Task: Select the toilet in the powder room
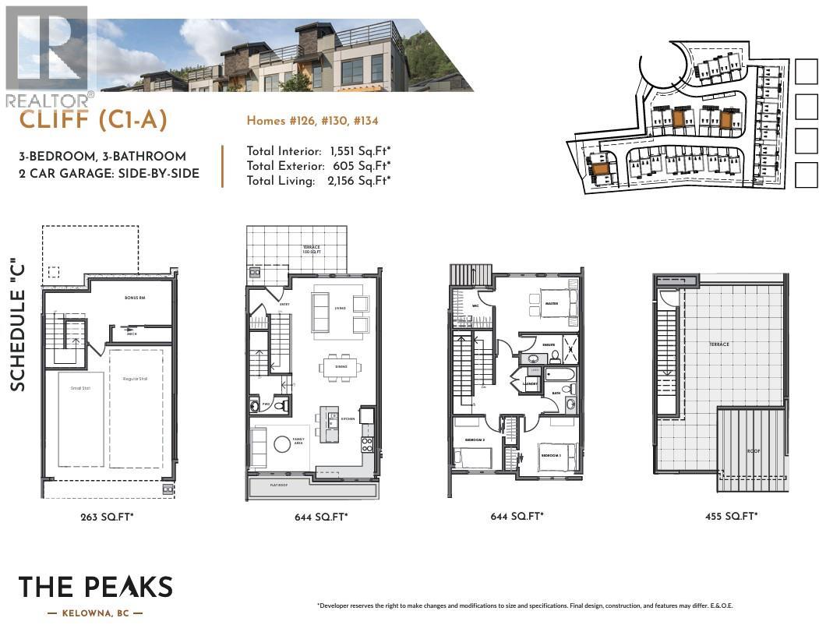pos(281,405)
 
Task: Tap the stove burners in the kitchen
pos(366,444)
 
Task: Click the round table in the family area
pos(281,445)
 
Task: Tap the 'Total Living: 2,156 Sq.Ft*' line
pos(319,181)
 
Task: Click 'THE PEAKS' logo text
pos(95,588)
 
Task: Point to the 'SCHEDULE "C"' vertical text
pos(18,328)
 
